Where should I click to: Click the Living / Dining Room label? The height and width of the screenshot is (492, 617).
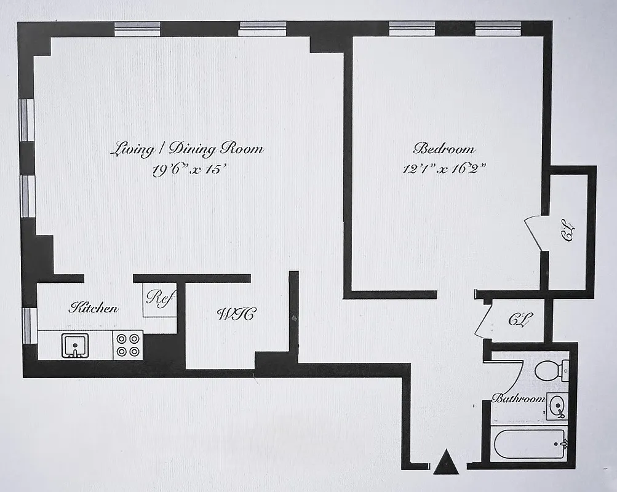187,149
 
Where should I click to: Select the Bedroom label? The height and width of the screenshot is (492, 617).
444,149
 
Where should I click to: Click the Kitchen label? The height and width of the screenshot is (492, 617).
93,307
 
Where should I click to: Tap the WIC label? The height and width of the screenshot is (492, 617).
236,314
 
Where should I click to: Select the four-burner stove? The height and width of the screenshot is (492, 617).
128,344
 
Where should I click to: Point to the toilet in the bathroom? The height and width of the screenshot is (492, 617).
549,371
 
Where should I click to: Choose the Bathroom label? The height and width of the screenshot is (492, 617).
519,399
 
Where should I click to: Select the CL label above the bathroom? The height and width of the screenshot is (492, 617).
520,320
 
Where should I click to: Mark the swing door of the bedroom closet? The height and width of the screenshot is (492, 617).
534,234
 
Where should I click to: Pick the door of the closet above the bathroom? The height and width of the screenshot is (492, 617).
484,320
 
